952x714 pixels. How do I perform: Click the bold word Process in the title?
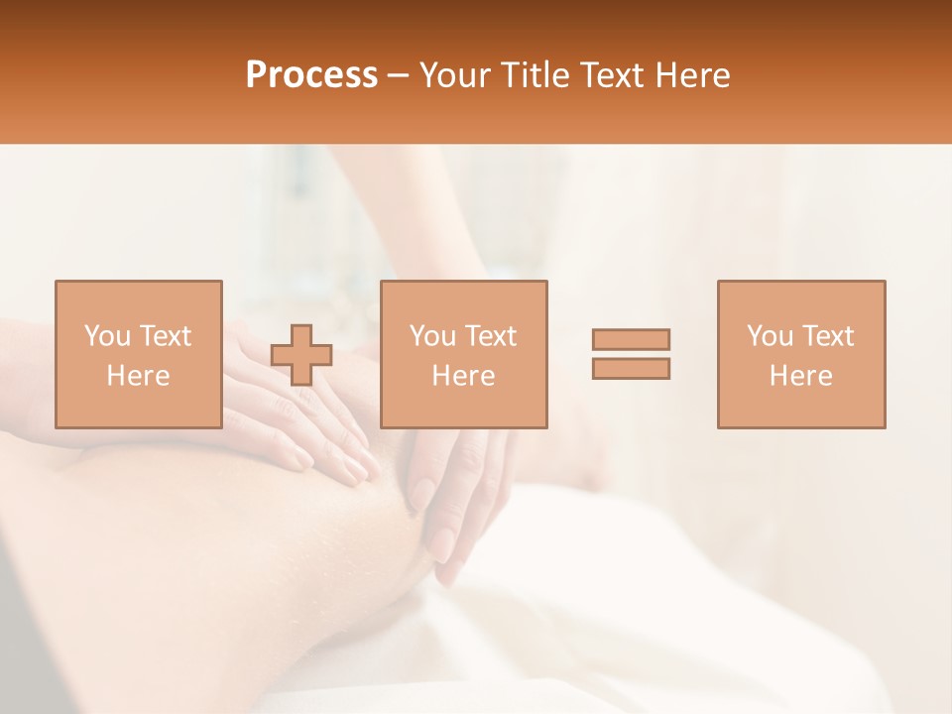click(311, 75)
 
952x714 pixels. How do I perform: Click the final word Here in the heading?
click(694, 75)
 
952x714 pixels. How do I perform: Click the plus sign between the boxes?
click(301, 355)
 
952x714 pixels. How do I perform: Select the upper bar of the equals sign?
click(631, 339)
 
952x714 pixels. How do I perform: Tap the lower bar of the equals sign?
click(631, 369)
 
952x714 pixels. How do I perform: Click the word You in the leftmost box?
click(107, 336)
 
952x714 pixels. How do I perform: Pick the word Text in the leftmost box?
click(165, 336)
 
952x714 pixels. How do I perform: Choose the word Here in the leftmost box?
click(138, 376)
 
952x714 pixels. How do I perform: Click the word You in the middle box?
click(432, 336)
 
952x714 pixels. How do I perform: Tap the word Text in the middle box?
click(490, 336)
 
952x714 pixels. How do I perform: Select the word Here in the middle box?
click(463, 376)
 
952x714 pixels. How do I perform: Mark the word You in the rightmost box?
click(770, 336)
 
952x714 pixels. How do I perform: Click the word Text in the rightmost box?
click(827, 336)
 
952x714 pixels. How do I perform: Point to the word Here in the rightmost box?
click(800, 376)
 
